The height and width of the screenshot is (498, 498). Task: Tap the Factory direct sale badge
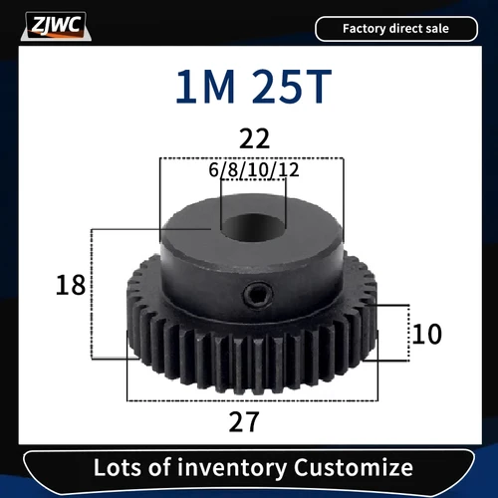point(396,29)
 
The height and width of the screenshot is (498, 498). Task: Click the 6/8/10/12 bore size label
point(255,170)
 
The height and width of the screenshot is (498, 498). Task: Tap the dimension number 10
point(426,333)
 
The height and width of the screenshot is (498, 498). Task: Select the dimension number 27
point(243,421)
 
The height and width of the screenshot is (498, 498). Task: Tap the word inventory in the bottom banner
point(240,467)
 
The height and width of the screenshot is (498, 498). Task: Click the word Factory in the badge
point(366,29)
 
